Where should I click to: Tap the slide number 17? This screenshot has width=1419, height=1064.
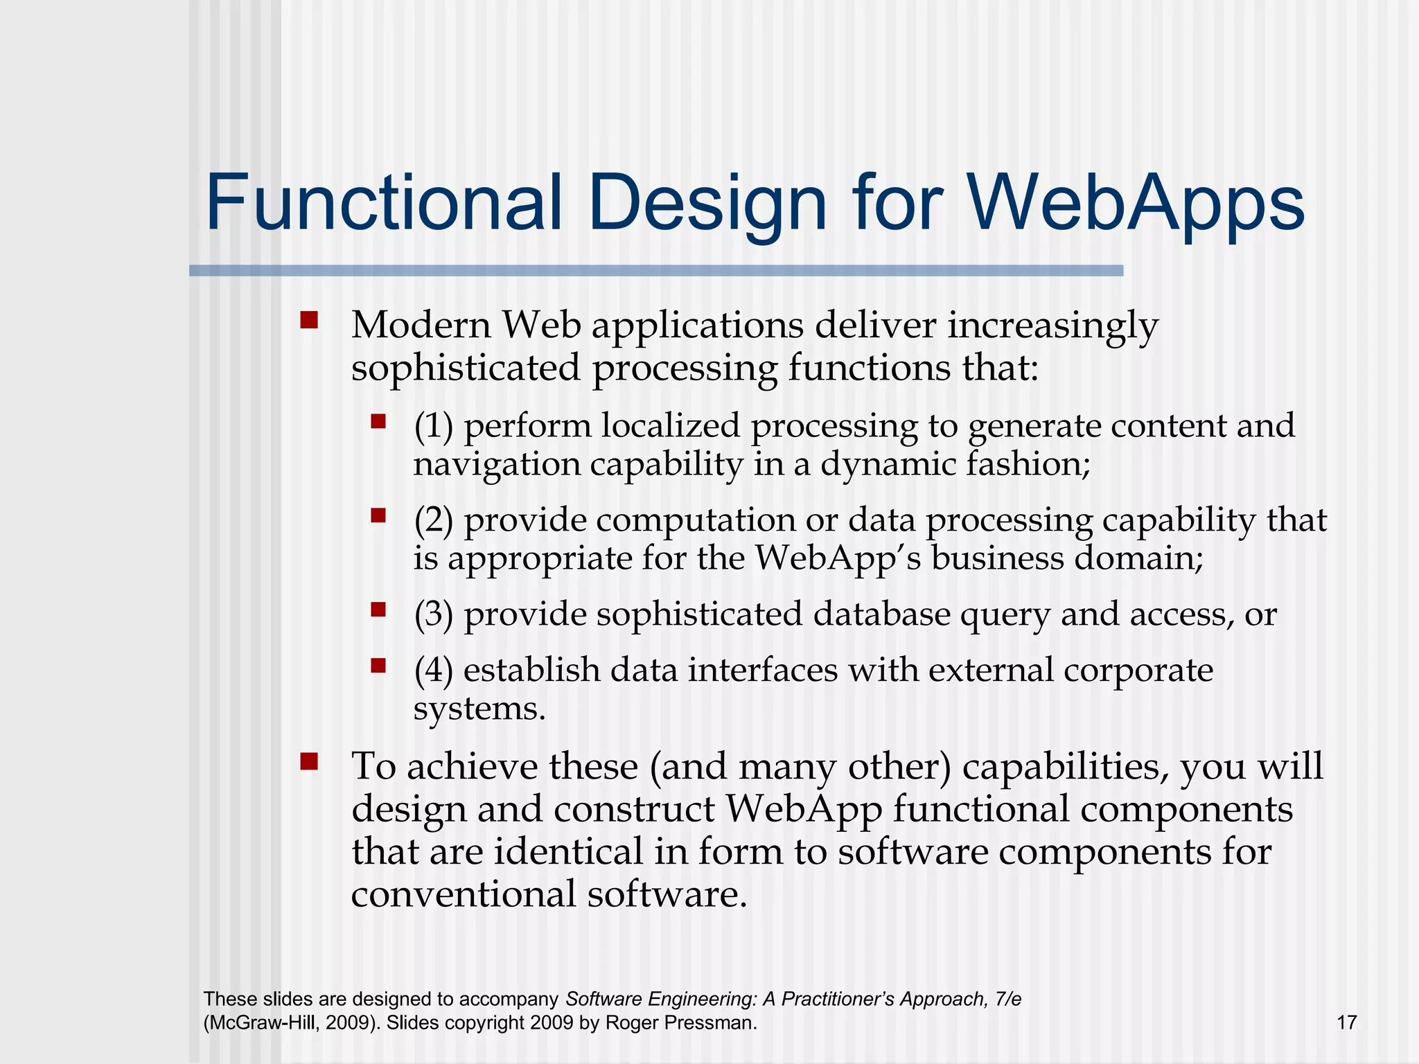[1346, 1022]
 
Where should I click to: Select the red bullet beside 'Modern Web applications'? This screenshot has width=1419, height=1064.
[309, 320]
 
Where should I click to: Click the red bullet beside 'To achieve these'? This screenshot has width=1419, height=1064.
[309, 762]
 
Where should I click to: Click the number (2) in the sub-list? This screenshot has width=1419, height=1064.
[433, 520]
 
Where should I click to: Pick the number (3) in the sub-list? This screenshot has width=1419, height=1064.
[433, 614]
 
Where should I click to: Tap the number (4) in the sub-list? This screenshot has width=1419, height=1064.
[433, 671]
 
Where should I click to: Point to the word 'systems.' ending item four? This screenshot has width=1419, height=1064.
[479, 709]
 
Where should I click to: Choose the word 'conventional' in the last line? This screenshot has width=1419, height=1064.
[464, 894]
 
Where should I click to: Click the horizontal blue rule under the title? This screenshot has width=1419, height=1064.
[655, 271]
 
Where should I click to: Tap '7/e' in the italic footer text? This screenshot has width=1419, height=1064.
[1007, 999]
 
